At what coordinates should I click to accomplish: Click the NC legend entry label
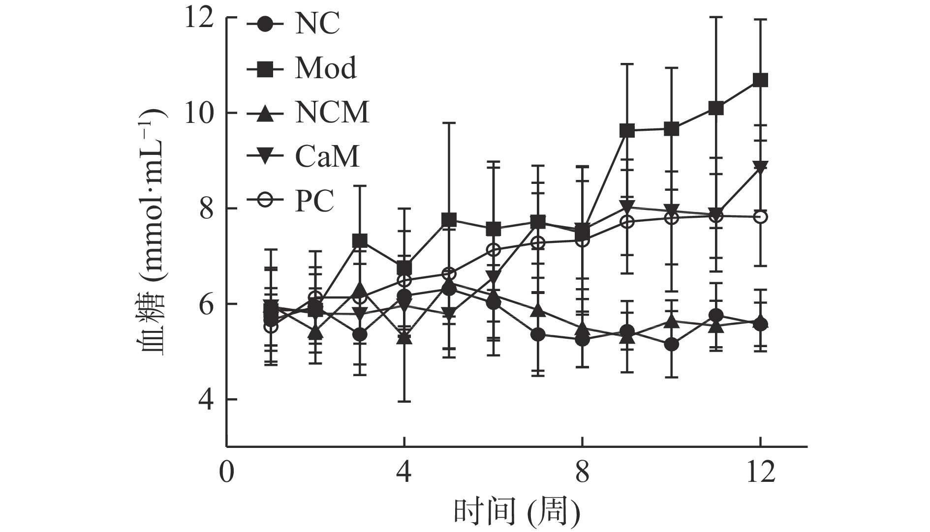tap(317, 24)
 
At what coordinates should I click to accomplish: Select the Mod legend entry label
tap(326, 68)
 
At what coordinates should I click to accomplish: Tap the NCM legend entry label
tap(332, 112)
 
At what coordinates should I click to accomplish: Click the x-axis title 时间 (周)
tap(516, 512)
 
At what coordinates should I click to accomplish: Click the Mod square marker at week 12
tap(760, 80)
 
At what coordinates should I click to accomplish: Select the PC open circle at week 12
tap(760, 217)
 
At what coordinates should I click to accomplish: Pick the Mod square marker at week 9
tap(626, 131)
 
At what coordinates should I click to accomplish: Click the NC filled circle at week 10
tap(671, 345)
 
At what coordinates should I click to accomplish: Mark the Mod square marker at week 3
tap(360, 241)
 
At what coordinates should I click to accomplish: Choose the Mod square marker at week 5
tap(449, 219)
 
